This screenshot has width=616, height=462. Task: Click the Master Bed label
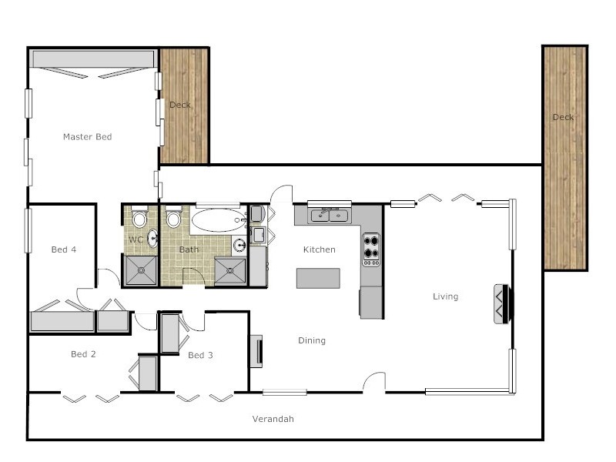[x=87, y=137]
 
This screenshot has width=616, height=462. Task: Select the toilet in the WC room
[x=139, y=219]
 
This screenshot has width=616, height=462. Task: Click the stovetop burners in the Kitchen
[x=371, y=249]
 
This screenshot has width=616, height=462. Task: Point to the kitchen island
[x=319, y=278]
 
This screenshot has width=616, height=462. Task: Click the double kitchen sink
[x=330, y=216]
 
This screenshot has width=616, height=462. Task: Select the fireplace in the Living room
[x=501, y=304]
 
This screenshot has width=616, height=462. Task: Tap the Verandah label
[x=273, y=419]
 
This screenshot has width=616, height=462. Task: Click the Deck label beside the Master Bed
[x=180, y=105]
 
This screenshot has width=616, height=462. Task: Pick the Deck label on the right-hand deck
[x=563, y=117]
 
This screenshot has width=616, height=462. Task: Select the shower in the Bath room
[x=230, y=270]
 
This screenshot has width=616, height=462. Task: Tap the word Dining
[x=312, y=340]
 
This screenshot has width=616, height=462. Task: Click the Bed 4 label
[x=63, y=249]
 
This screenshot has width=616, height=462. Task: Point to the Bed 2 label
[x=83, y=354]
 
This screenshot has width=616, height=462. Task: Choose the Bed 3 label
[x=200, y=355]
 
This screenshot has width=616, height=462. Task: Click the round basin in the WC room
[x=152, y=238]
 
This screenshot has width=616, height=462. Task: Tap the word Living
[x=445, y=296]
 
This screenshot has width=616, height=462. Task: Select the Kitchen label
[x=319, y=249]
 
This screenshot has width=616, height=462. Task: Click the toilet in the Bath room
[x=173, y=219]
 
